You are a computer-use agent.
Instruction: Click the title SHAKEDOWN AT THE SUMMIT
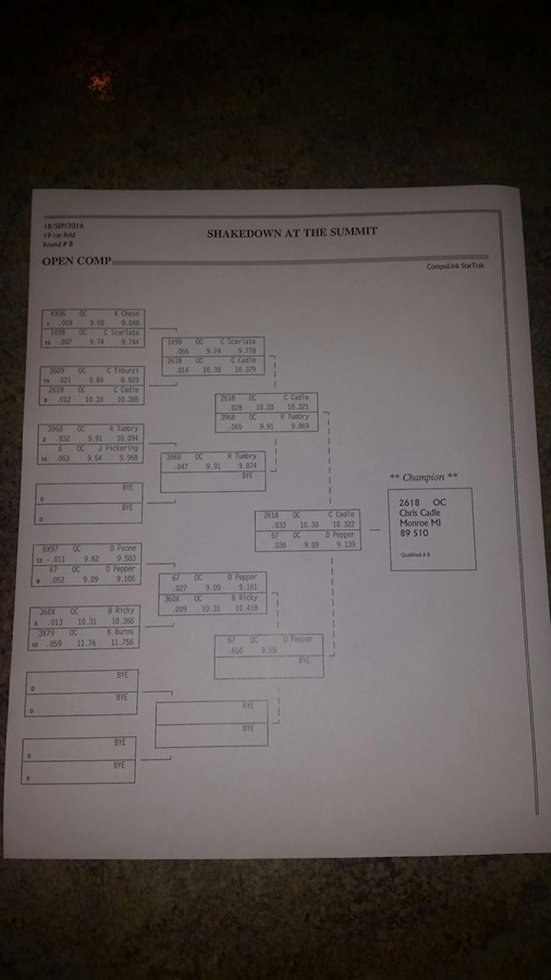(x=292, y=232)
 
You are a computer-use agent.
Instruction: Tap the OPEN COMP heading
(x=77, y=261)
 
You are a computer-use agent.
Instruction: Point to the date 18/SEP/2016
(x=64, y=226)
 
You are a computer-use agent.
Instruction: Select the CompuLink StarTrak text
(x=455, y=266)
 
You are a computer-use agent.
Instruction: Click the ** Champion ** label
(x=423, y=477)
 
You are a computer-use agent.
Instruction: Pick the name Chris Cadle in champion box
(x=419, y=513)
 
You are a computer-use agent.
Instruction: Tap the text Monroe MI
(x=420, y=523)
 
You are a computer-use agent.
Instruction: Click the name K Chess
(x=126, y=314)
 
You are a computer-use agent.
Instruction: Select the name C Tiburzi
(x=122, y=371)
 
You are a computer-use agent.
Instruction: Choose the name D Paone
(x=123, y=548)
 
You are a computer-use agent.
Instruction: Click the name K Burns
(x=120, y=632)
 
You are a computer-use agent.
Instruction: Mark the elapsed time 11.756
(x=122, y=642)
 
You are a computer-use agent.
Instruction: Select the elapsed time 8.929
(x=129, y=380)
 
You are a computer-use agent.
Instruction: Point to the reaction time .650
(x=236, y=650)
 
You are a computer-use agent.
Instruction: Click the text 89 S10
(x=414, y=533)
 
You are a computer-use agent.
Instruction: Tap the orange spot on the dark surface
(x=100, y=85)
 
